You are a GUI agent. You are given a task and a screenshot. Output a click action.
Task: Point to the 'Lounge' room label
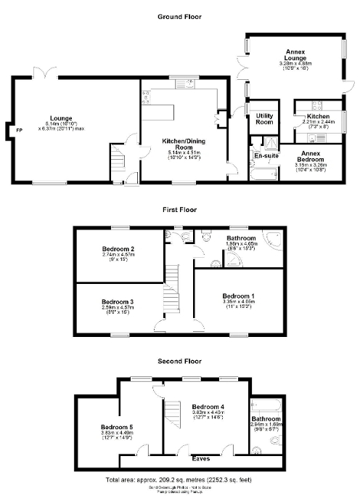pyautogui.click(x=61, y=117)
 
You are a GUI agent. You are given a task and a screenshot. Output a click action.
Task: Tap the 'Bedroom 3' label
pyautogui.click(x=117, y=301)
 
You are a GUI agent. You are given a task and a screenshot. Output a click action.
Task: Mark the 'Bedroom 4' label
pyautogui.click(x=208, y=407)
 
